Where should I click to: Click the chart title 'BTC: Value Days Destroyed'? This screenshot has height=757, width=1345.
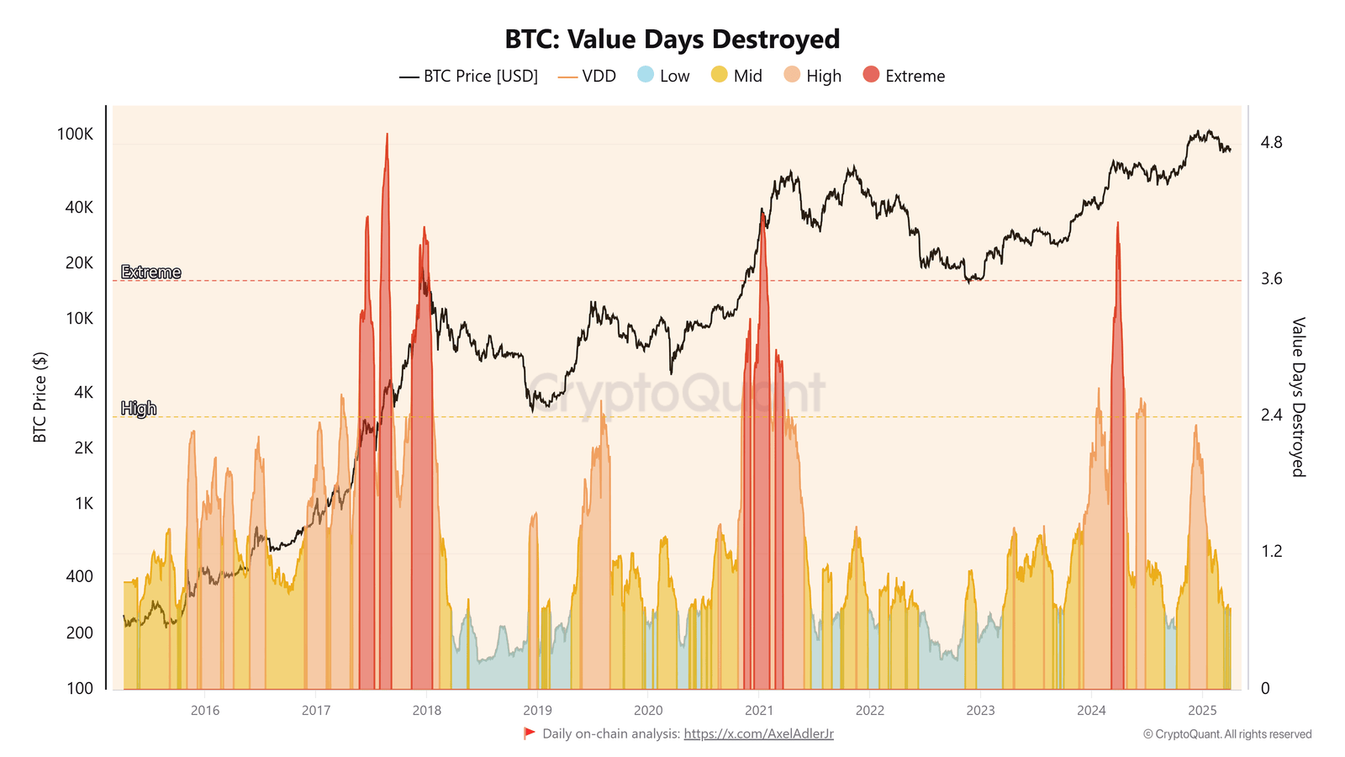pyautogui.click(x=672, y=40)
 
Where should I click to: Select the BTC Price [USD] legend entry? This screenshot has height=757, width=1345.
pyautogui.click(x=468, y=77)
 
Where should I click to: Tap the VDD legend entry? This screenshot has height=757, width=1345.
pyautogui.click(x=587, y=77)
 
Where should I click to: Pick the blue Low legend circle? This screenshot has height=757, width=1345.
pyautogui.click(x=646, y=75)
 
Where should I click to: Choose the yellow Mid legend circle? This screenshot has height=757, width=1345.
pyautogui.click(x=719, y=75)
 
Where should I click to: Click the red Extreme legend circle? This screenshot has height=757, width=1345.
pyautogui.click(x=871, y=75)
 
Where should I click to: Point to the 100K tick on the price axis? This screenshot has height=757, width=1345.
pyautogui.click(x=75, y=135)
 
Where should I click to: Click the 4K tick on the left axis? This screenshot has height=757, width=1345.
pyautogui.click(x=83, y=392)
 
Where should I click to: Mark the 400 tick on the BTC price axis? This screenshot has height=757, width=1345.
pyautogui.click(x=79, y=576)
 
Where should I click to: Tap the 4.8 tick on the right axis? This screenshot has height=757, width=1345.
pyautogui.click(x=1271, y=143)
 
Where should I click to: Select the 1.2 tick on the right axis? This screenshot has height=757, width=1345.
pyautogui.click(x=1271, y=552)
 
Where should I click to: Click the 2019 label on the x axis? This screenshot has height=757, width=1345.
pyautogui.click(x=537, y=711)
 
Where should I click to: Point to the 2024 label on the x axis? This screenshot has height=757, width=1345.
pyautogui.click(x=1091, y=711)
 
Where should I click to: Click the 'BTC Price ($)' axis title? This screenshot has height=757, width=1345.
pyautogui.click(x=40, y=397)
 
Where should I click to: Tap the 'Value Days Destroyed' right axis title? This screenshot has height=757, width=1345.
pyautogui.click(x=1298, y=397)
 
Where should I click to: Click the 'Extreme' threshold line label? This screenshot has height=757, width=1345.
pyautogui.click(x=150, y=273)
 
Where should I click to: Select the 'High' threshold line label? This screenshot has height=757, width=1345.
pyautogui.click(x=139, y=409)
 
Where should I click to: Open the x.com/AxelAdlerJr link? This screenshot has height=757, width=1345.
pyautogui.click(x=758, y=734)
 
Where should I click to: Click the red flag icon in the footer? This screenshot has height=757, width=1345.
pyautogui.click(x=529, y=733)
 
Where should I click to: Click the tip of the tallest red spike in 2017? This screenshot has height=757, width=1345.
pyautogui.click(x=387, y=134)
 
